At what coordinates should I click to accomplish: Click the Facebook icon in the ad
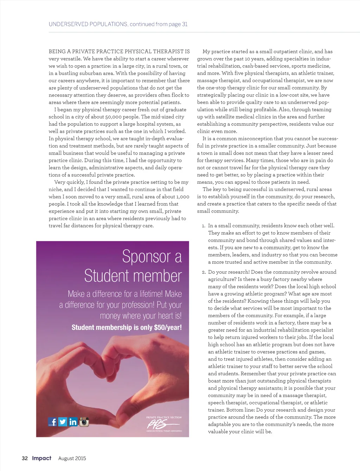(x=52, y=422)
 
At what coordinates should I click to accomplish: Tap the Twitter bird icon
(x=63, y=422)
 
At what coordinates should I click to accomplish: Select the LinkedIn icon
(x=73, y=422)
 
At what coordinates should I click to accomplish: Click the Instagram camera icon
(x=84, y=422)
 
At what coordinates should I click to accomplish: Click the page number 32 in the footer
(x=25, y=458)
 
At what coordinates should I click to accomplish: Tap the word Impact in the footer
(x=41, y=458)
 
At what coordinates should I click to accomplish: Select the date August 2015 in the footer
(x=72, y=458)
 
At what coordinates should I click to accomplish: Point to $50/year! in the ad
(x=168, y=327)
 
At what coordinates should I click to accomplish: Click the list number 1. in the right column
(x=204, y=226)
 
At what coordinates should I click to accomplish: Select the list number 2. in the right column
(x=204, y=272)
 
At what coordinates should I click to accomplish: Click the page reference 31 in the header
(x=185, y=24)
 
